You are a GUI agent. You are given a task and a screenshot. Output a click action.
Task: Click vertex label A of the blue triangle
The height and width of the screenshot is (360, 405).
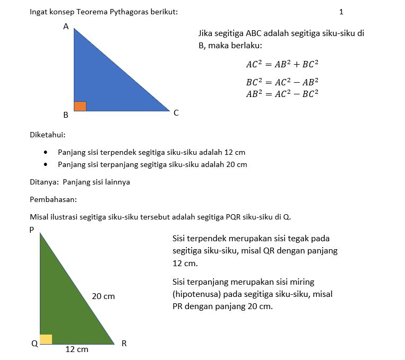point(66,26)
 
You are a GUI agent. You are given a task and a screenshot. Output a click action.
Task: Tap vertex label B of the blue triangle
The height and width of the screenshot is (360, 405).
point(66,115)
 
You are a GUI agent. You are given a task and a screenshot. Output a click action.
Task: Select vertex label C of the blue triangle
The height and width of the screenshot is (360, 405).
point(176,112)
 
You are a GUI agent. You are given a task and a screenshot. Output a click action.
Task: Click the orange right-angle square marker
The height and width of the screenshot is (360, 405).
point(80,106)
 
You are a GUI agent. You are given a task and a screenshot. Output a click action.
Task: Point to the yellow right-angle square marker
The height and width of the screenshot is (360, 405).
point(46,339)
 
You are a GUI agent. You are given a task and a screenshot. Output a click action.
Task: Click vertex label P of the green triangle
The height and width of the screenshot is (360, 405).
point(32,230)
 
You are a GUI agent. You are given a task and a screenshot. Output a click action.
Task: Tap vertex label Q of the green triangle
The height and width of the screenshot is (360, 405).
point(35,344)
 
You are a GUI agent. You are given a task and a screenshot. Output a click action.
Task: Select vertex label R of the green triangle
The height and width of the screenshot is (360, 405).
point(124,344)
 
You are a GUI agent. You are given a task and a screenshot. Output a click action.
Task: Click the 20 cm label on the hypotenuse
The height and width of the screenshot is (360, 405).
point(103,296)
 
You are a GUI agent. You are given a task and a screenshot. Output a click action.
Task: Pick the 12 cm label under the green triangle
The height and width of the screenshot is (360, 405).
point(76,349)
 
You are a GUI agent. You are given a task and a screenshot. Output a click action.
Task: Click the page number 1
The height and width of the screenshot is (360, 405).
point(341,11)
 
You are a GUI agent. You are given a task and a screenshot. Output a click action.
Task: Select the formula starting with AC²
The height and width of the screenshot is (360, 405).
point(282,65)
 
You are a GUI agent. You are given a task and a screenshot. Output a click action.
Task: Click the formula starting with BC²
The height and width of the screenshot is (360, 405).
point(282,82)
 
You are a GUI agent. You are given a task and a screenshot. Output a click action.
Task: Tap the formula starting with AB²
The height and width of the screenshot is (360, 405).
point(282,94)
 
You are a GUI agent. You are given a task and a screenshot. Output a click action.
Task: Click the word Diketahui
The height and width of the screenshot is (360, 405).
point(47,135)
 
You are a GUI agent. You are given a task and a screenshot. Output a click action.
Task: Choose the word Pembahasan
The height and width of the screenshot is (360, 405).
point(54,200)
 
